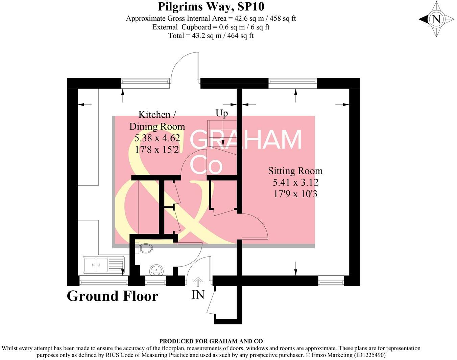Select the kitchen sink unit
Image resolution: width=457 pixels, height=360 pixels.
click(x=104, y=265)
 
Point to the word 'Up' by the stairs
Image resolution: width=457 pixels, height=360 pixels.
click(x=222, y=113)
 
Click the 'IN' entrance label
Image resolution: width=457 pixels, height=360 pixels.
click(x=198, y=295)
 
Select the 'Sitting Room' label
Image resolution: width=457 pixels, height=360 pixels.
click(x=295, y=171)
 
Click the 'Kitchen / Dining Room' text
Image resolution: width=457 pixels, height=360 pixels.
click(x=157, y=120)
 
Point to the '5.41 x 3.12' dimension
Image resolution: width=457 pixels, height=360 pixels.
click(x=295, y=182)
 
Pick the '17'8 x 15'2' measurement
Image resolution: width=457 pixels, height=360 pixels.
click(x=157, y=149)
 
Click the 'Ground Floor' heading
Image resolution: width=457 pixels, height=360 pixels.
click(x=113, y=296)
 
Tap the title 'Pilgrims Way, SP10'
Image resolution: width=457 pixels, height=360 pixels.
click(x=211, y=6)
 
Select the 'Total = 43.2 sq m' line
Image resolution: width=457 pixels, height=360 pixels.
click(x=211, y=36)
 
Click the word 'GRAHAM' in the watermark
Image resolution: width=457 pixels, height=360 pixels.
click(x=246, y=139)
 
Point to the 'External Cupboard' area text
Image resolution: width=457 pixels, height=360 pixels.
click(x=211, y=27)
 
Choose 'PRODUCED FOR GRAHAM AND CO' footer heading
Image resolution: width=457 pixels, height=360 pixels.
click(x=211, y=341)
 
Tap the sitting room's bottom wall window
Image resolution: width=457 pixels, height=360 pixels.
click(x=331, y=281)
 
